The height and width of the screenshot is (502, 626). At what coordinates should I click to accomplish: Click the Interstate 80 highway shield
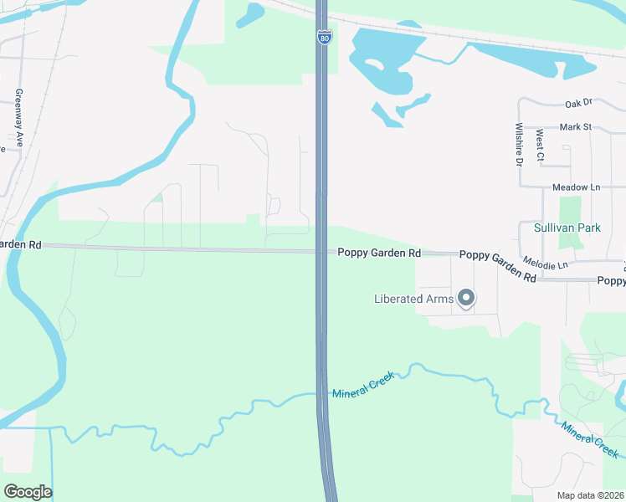pyautogui.click(x=324, y=38)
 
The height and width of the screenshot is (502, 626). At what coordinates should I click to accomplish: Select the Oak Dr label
pyautogui.click(x=577, y=103)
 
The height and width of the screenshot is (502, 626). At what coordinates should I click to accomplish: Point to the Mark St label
pyautogui.click(x=575, y=127)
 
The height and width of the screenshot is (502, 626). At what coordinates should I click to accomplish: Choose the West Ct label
pyautogui.click(x=540, y=145)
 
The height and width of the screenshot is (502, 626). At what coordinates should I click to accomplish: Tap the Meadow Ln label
pyautogui.click(x=576, y=187)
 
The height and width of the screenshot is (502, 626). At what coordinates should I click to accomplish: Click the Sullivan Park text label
pyautogui.click(x=567, y=227)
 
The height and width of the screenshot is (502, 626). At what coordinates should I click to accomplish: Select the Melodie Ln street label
pyautogui.click(x=545, y=264)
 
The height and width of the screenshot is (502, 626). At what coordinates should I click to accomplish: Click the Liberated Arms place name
pyautogui.click(x=413, y=299)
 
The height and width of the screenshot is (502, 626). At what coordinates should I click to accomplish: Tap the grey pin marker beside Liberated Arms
pyautogui.click(x=467, y=298)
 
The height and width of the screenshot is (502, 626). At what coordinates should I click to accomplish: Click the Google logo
pyautogui.click(x=28, y=492)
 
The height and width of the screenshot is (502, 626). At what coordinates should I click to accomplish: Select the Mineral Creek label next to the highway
pyautogui.click(x=362, y=387)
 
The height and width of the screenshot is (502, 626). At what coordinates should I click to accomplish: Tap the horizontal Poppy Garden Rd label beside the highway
pyautogui.click(x=378, y=252)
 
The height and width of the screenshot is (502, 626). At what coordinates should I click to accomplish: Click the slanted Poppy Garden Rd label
pyautogui.click(x=497, y=265)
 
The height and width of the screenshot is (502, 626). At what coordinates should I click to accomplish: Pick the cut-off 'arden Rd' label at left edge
pyautogui.click(x=21, y=244)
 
